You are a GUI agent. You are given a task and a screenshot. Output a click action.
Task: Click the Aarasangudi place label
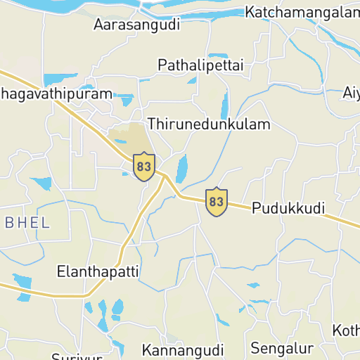tap(136, 25)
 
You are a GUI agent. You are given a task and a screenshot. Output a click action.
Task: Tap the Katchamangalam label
tap(302, 12)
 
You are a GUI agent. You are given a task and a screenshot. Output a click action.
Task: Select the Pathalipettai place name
tap(200, 65)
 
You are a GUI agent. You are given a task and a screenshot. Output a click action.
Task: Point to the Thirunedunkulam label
tap(209, 124)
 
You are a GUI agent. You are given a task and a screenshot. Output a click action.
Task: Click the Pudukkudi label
tap(288, 209)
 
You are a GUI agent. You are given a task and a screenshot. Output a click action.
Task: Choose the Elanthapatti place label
tap(98, 271)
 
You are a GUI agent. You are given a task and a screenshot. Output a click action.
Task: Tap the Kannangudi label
tap(183, 350)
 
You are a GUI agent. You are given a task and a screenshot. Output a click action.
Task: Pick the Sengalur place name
tap(282, 348)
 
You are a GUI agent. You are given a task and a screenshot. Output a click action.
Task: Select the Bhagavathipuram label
tap(56, 94)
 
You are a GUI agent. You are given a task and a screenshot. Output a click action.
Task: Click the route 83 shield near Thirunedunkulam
tap(144, 166)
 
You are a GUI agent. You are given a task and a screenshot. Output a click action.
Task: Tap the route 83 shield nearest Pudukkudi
tap(217, 202)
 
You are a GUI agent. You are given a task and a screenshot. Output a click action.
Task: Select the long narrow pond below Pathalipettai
tap(225, 105)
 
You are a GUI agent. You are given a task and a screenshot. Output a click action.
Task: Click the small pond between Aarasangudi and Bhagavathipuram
tap(59, 78)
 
